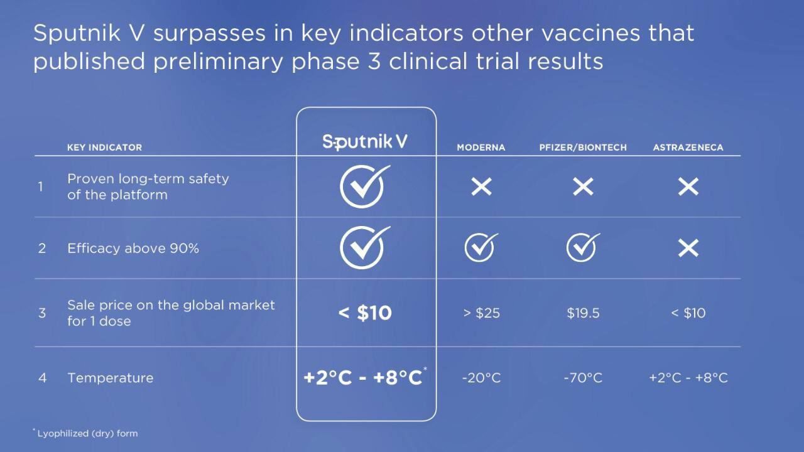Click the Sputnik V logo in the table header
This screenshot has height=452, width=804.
click(x=365, y=142)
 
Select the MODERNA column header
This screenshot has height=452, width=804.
click(x=481, y=148)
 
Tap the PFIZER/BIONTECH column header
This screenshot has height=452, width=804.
click(x=583, y=148)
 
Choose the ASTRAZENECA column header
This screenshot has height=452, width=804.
click(x=688, y=148)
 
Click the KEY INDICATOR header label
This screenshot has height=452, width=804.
click(x=104, y=148)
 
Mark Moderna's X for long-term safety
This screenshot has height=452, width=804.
click(x=481, y=186)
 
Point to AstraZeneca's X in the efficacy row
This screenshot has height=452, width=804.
click(x=688, y=248)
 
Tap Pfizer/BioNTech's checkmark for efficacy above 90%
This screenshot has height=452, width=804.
click(x=582, y=247)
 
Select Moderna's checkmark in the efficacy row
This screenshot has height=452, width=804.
click(x=481, y=247)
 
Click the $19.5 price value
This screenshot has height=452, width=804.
click(x=583, y=313)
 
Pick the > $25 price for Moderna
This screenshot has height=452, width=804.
click(x=481, y=313)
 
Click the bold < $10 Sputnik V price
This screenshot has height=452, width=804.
click(x=365, y=313)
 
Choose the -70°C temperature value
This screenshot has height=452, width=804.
click(x=583, y=378)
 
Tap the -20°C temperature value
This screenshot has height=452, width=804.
click(x=481, y=378)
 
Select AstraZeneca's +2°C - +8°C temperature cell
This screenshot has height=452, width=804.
click(x=688, y=378)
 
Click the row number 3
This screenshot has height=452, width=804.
click(x=42, y=313)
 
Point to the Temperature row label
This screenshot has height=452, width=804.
click(x=110, y=378)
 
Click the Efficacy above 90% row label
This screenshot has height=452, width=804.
click(x=133, y=248)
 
